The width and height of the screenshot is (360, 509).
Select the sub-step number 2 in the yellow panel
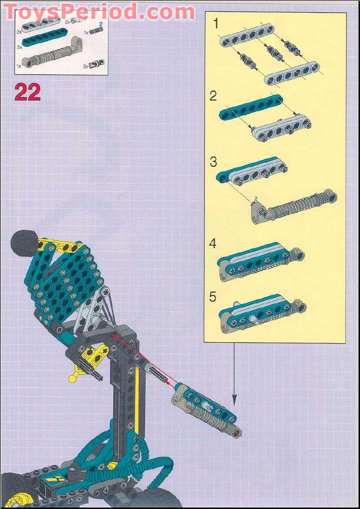point(213,96)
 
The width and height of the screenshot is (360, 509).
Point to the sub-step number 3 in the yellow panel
point(213,161)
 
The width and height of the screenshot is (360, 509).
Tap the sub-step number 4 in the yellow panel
point(213,243)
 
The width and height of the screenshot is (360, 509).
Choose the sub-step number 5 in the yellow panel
point(213,296)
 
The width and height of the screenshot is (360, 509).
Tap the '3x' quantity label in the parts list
point(86,65)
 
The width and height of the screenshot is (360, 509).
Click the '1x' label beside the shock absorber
point(19,65)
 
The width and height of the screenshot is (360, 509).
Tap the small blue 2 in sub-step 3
point(256,198)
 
